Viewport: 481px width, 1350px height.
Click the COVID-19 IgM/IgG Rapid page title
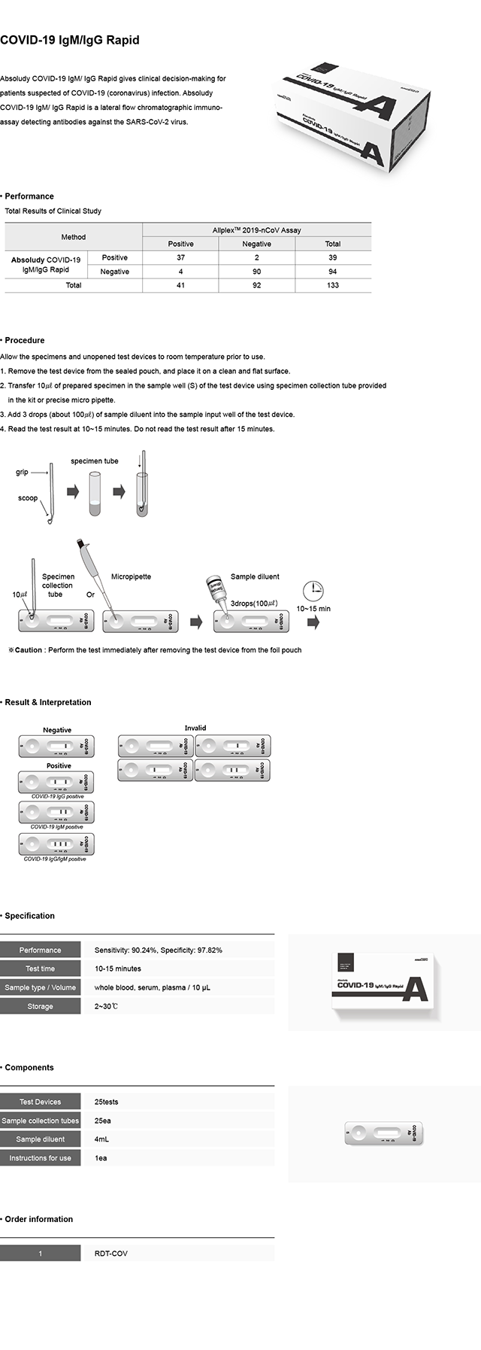pos(70,40)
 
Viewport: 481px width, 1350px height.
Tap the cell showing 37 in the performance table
pos(180,257)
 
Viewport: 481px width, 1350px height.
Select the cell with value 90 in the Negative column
pos(256,272)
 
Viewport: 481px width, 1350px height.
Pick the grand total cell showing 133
pos(332,285)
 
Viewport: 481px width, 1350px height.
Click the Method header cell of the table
pos(73,237)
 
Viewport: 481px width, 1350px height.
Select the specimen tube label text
pos(95,461)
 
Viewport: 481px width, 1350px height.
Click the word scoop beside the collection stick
pos(28,498)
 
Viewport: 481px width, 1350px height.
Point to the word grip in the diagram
pos(22,473)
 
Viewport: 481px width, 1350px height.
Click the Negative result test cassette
pos(56,746)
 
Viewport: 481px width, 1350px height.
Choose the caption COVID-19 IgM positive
pos(56,827)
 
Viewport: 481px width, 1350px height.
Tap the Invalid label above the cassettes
pos(195,728)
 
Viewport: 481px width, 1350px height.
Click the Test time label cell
pos(40,968)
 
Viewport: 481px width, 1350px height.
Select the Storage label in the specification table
pos(40,1006)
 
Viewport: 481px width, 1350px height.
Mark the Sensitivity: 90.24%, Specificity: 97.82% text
pos(158,950)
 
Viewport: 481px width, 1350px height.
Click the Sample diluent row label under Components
pos(40,1139)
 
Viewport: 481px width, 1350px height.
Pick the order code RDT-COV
pos(110,1254)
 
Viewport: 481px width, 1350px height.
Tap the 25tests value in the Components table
pos(106,1102)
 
